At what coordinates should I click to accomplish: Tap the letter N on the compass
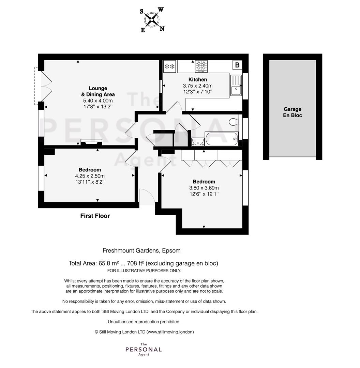click(162, 29)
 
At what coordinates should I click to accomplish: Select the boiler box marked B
click(237, 65)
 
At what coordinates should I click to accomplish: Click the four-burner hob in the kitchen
click(201, 66)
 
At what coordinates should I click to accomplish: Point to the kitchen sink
click(236, 85)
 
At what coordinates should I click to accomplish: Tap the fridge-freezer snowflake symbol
click(169, 66)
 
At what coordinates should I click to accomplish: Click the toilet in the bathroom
click(234, 122)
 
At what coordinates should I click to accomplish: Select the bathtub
click(222, 139)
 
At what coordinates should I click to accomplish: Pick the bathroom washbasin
click(198, 141)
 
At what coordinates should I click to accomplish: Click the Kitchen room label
click(198, 79)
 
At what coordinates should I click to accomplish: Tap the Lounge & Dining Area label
click(98, 91)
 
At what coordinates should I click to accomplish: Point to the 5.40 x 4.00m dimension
click(98, 101)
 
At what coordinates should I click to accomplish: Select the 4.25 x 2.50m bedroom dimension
click(90, 176)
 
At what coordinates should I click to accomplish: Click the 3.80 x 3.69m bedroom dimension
click(204, 188)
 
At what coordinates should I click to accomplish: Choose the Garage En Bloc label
click(292, 112)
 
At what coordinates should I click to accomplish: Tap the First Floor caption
click(95, 216)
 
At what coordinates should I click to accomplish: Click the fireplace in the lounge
click(91, 141)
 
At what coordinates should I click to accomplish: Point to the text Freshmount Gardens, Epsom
click(141, 251)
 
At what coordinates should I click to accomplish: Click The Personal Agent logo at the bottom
click(144, 350)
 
